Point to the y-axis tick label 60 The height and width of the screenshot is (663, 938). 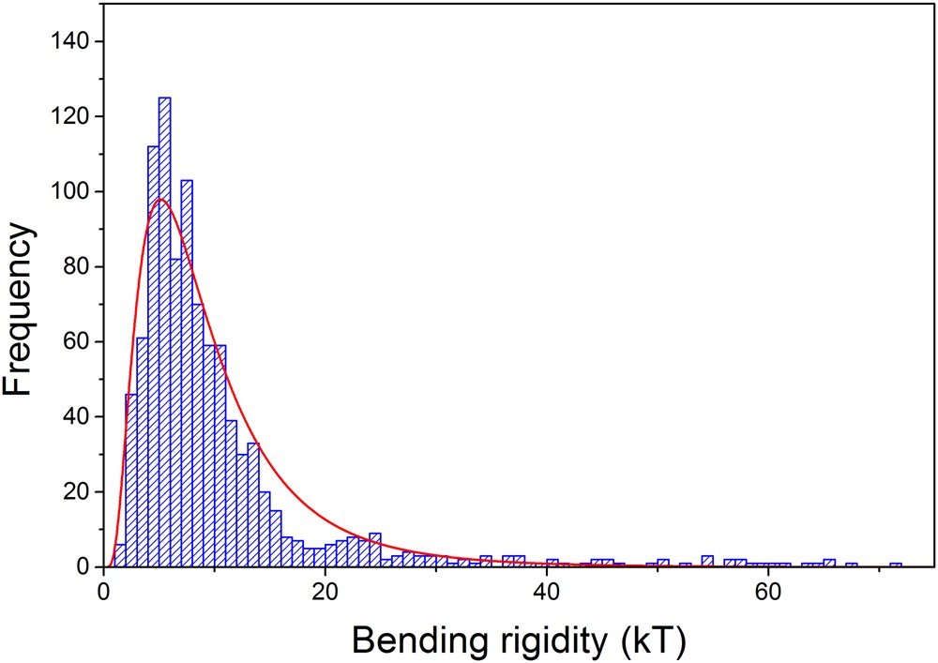click(x=74, y=342)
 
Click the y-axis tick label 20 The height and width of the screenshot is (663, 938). click(x=74, y=492)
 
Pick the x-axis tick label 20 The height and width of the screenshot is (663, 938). click(x=325, y=593)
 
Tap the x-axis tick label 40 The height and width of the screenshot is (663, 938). click(x=546, y=593)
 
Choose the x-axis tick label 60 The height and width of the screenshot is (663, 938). click(x=767, y=593)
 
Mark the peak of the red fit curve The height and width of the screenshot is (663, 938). click(x=160, y=199)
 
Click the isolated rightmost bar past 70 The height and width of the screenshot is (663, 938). click(x=896, y=565)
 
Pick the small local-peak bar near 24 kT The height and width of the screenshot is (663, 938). click(x=375, y=550)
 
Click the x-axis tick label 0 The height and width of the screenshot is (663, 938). click(x=103, y=593)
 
